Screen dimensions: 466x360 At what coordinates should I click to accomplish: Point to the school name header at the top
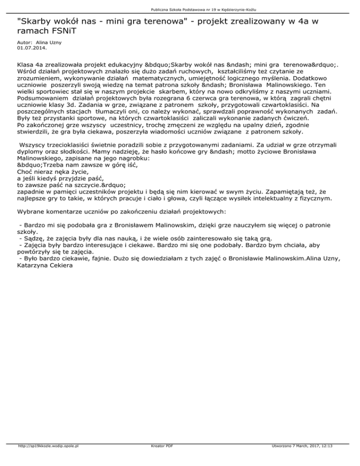180,9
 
